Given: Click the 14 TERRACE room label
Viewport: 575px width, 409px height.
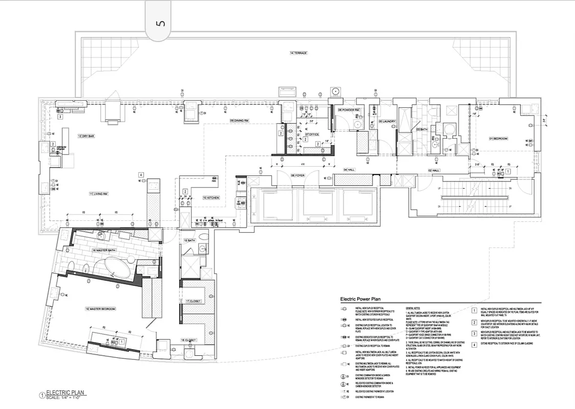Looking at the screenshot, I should click(x=298, y=53).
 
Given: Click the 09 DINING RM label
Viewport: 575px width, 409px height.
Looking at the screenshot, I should click(x=239, y=121).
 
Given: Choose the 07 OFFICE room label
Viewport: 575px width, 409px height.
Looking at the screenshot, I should click(x=312, y=135).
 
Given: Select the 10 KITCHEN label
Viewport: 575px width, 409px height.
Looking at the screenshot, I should click(x=211, y=197).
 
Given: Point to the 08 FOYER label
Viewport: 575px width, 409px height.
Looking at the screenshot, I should click(x=298, y=175).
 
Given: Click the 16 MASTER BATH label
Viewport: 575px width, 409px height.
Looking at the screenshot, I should click(x=105, y=251).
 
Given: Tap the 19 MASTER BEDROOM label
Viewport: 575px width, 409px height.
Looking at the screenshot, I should click(x=100, y=309).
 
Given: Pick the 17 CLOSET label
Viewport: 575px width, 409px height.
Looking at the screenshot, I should click(x=194, y=301).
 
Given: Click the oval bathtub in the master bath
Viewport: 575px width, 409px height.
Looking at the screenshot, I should click(x=118, y=267).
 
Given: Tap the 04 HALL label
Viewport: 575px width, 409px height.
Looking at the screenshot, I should click(x=349, y=169).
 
